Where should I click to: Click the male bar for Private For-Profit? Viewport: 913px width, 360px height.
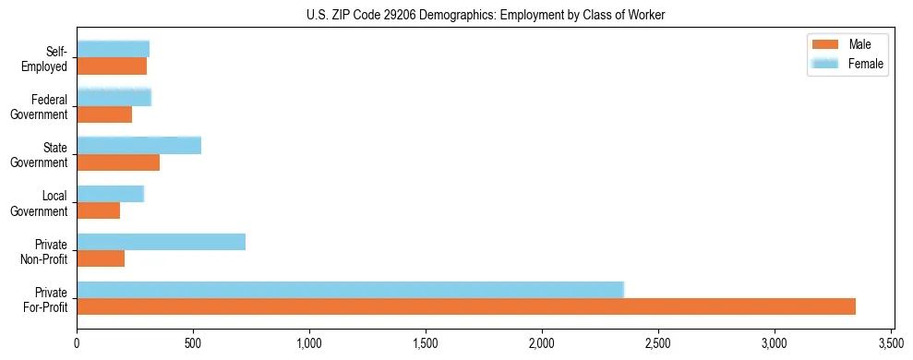point(466,306)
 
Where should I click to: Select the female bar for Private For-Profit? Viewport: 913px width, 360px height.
point(351,289)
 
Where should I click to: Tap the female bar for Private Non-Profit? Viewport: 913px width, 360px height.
point(162,242)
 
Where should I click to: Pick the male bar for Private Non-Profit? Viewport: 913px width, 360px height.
point(101,259)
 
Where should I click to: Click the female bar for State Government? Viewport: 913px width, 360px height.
point(139,145)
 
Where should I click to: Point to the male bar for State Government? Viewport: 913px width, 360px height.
point(118,162)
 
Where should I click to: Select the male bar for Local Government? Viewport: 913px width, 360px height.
point(99,210)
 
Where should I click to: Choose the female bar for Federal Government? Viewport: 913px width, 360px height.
point(114,97)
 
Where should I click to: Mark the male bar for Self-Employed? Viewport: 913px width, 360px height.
point(112,66)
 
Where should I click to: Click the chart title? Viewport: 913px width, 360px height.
point(486,15)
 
